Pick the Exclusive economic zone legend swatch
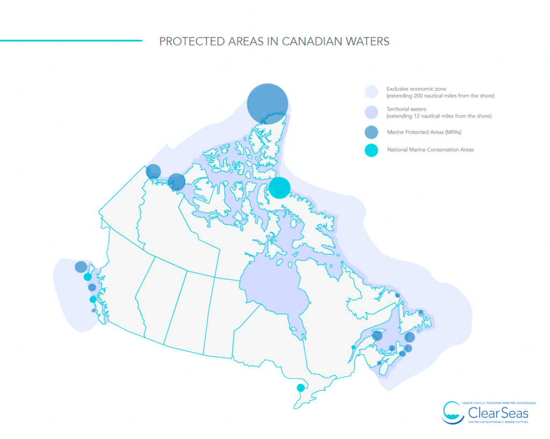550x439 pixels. (372, 92)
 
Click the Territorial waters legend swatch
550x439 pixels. (372, 112)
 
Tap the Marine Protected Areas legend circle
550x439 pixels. (372, 132)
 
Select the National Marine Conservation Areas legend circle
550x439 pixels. (372, 150)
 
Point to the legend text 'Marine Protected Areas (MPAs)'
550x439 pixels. (424, 132)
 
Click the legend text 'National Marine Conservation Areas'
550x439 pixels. (430, 150)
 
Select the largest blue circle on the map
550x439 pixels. (267, 104)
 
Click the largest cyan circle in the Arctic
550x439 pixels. (279, 188)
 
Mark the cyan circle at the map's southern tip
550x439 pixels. (301, 387)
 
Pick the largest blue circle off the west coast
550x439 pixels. (81, 267)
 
